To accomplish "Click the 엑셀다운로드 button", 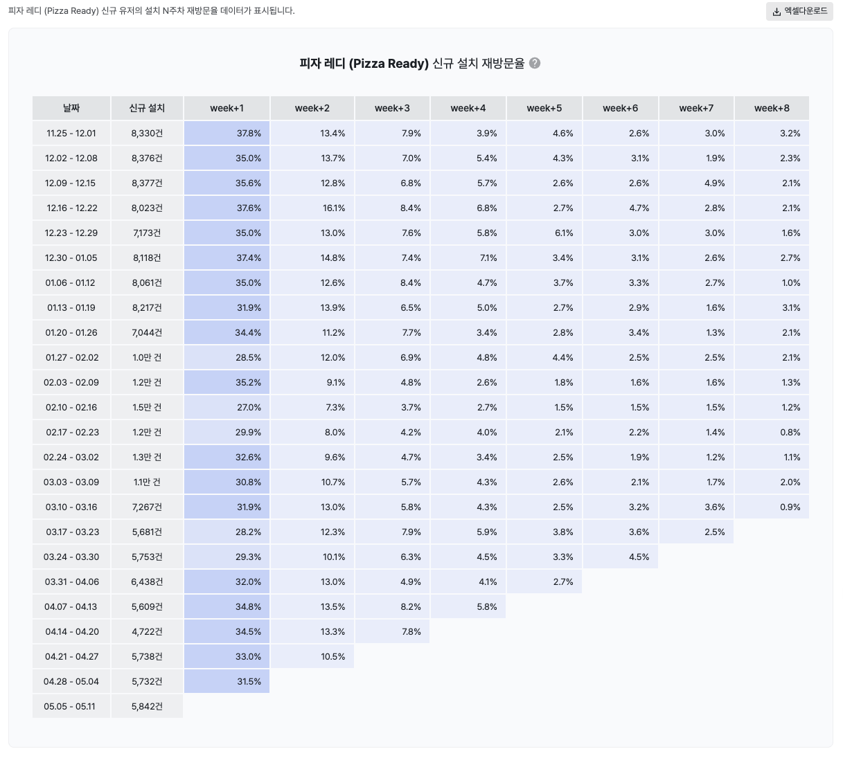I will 799,11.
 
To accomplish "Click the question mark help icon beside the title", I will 535,63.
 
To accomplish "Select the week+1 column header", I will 227,108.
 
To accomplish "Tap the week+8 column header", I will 772,108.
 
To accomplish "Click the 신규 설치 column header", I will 147,108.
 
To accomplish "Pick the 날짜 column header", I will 71,108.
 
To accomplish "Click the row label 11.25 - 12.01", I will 71,133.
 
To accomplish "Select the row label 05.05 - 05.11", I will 71,706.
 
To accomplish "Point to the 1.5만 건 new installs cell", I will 147,407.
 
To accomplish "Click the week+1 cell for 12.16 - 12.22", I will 227,208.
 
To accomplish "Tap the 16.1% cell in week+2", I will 312,208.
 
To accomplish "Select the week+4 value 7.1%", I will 468,258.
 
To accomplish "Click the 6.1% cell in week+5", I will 544,233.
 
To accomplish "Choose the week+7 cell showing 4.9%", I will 696,183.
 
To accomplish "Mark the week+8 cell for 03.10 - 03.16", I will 772,507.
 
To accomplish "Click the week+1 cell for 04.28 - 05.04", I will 227,681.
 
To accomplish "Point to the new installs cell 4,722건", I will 147,631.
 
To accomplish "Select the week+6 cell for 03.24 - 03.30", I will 621,557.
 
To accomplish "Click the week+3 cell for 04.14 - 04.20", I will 392,631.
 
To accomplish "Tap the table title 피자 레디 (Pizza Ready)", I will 364,64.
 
